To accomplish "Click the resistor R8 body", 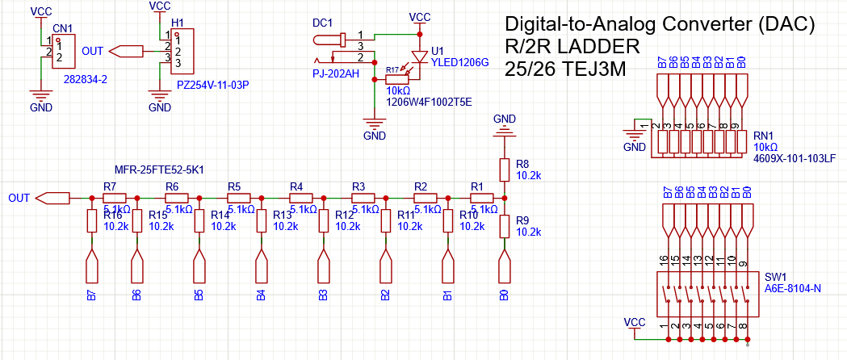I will click(504, 169).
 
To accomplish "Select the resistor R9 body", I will click(504, 226).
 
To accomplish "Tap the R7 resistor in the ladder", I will click(115, 198).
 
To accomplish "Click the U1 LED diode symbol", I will click(418, 57).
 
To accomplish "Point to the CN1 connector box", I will click(65, 52).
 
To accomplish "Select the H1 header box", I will click(182, 51).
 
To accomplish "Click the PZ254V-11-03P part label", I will click(212, 84).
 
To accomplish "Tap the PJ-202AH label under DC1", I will click(335, 74).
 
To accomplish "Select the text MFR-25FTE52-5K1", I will click(159, 171).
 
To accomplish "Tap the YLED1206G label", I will click(461, 62).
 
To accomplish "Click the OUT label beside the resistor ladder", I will click(19, 198).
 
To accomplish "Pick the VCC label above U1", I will click(420, 16).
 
